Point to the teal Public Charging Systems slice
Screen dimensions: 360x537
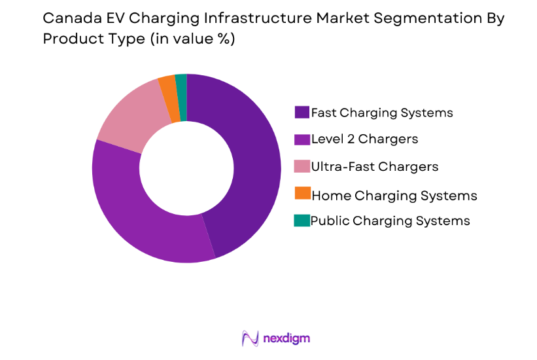click(181, 97)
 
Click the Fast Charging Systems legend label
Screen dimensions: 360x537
click(382, 112)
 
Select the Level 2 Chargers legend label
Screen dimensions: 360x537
click(364, 139)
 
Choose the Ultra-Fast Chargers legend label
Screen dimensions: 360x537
click(374, 166)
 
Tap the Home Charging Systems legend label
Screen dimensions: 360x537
click(394, 195)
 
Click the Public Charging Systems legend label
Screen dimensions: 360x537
click(390, 221)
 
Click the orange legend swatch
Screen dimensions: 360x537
click(302, 194)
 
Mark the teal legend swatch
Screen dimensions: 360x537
click(302, 221)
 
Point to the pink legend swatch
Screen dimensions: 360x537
click(302, 166)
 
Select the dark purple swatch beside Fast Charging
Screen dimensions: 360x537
click(302, 112)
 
